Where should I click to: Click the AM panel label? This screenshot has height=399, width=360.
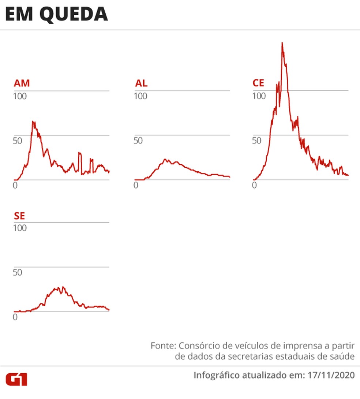22,83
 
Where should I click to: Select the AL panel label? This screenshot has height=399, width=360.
141,83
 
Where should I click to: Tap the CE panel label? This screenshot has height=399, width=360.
258,83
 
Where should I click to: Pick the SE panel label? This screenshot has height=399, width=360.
19,216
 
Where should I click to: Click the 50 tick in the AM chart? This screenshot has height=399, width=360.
18,141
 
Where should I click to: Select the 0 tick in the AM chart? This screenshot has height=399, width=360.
15,186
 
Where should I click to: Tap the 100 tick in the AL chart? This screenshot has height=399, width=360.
140,96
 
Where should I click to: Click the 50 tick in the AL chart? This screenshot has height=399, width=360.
138,141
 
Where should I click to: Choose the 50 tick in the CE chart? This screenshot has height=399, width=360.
256,141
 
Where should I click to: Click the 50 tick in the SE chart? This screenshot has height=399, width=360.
18,273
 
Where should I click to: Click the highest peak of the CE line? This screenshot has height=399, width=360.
282,43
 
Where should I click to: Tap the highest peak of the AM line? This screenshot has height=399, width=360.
33,121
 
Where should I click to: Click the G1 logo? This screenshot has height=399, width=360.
16,379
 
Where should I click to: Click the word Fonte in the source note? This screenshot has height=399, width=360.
162,346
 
